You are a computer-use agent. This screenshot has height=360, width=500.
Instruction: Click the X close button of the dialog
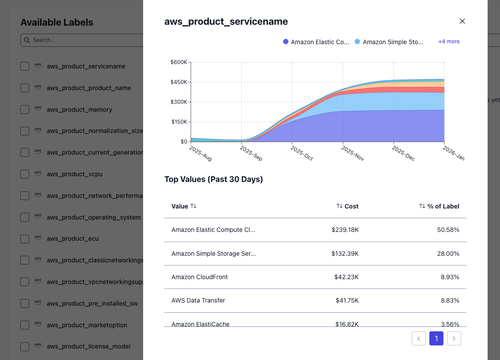(x=462, y=21)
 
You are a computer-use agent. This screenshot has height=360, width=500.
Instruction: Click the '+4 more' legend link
(x=449, y=42)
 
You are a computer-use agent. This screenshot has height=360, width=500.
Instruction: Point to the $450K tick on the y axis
(x=179, y=82)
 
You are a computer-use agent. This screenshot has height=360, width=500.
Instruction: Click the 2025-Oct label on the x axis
(x=302, y=153)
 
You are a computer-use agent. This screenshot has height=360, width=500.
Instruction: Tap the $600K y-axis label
(x=179, y=62)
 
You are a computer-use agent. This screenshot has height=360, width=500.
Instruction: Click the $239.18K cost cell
(x=345, y=230)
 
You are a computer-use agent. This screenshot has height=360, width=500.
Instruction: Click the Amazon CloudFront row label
(x=200, y=277)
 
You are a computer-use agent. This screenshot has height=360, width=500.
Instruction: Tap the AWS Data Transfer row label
(x=198, y=300)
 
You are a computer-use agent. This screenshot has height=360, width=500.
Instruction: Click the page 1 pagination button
(x=436, y=338)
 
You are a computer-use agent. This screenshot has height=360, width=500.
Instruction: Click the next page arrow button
(x=454, y=338)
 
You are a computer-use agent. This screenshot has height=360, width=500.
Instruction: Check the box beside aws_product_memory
(x=25, y=110)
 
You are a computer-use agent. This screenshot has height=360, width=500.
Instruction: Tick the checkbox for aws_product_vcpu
(x=25, y=174)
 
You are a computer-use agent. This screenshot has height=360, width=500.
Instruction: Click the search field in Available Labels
(x=84, y=40)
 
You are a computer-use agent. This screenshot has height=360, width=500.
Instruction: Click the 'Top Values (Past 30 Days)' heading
(x=214, y=179)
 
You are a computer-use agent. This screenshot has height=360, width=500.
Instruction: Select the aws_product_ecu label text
(x=72, y=239)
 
